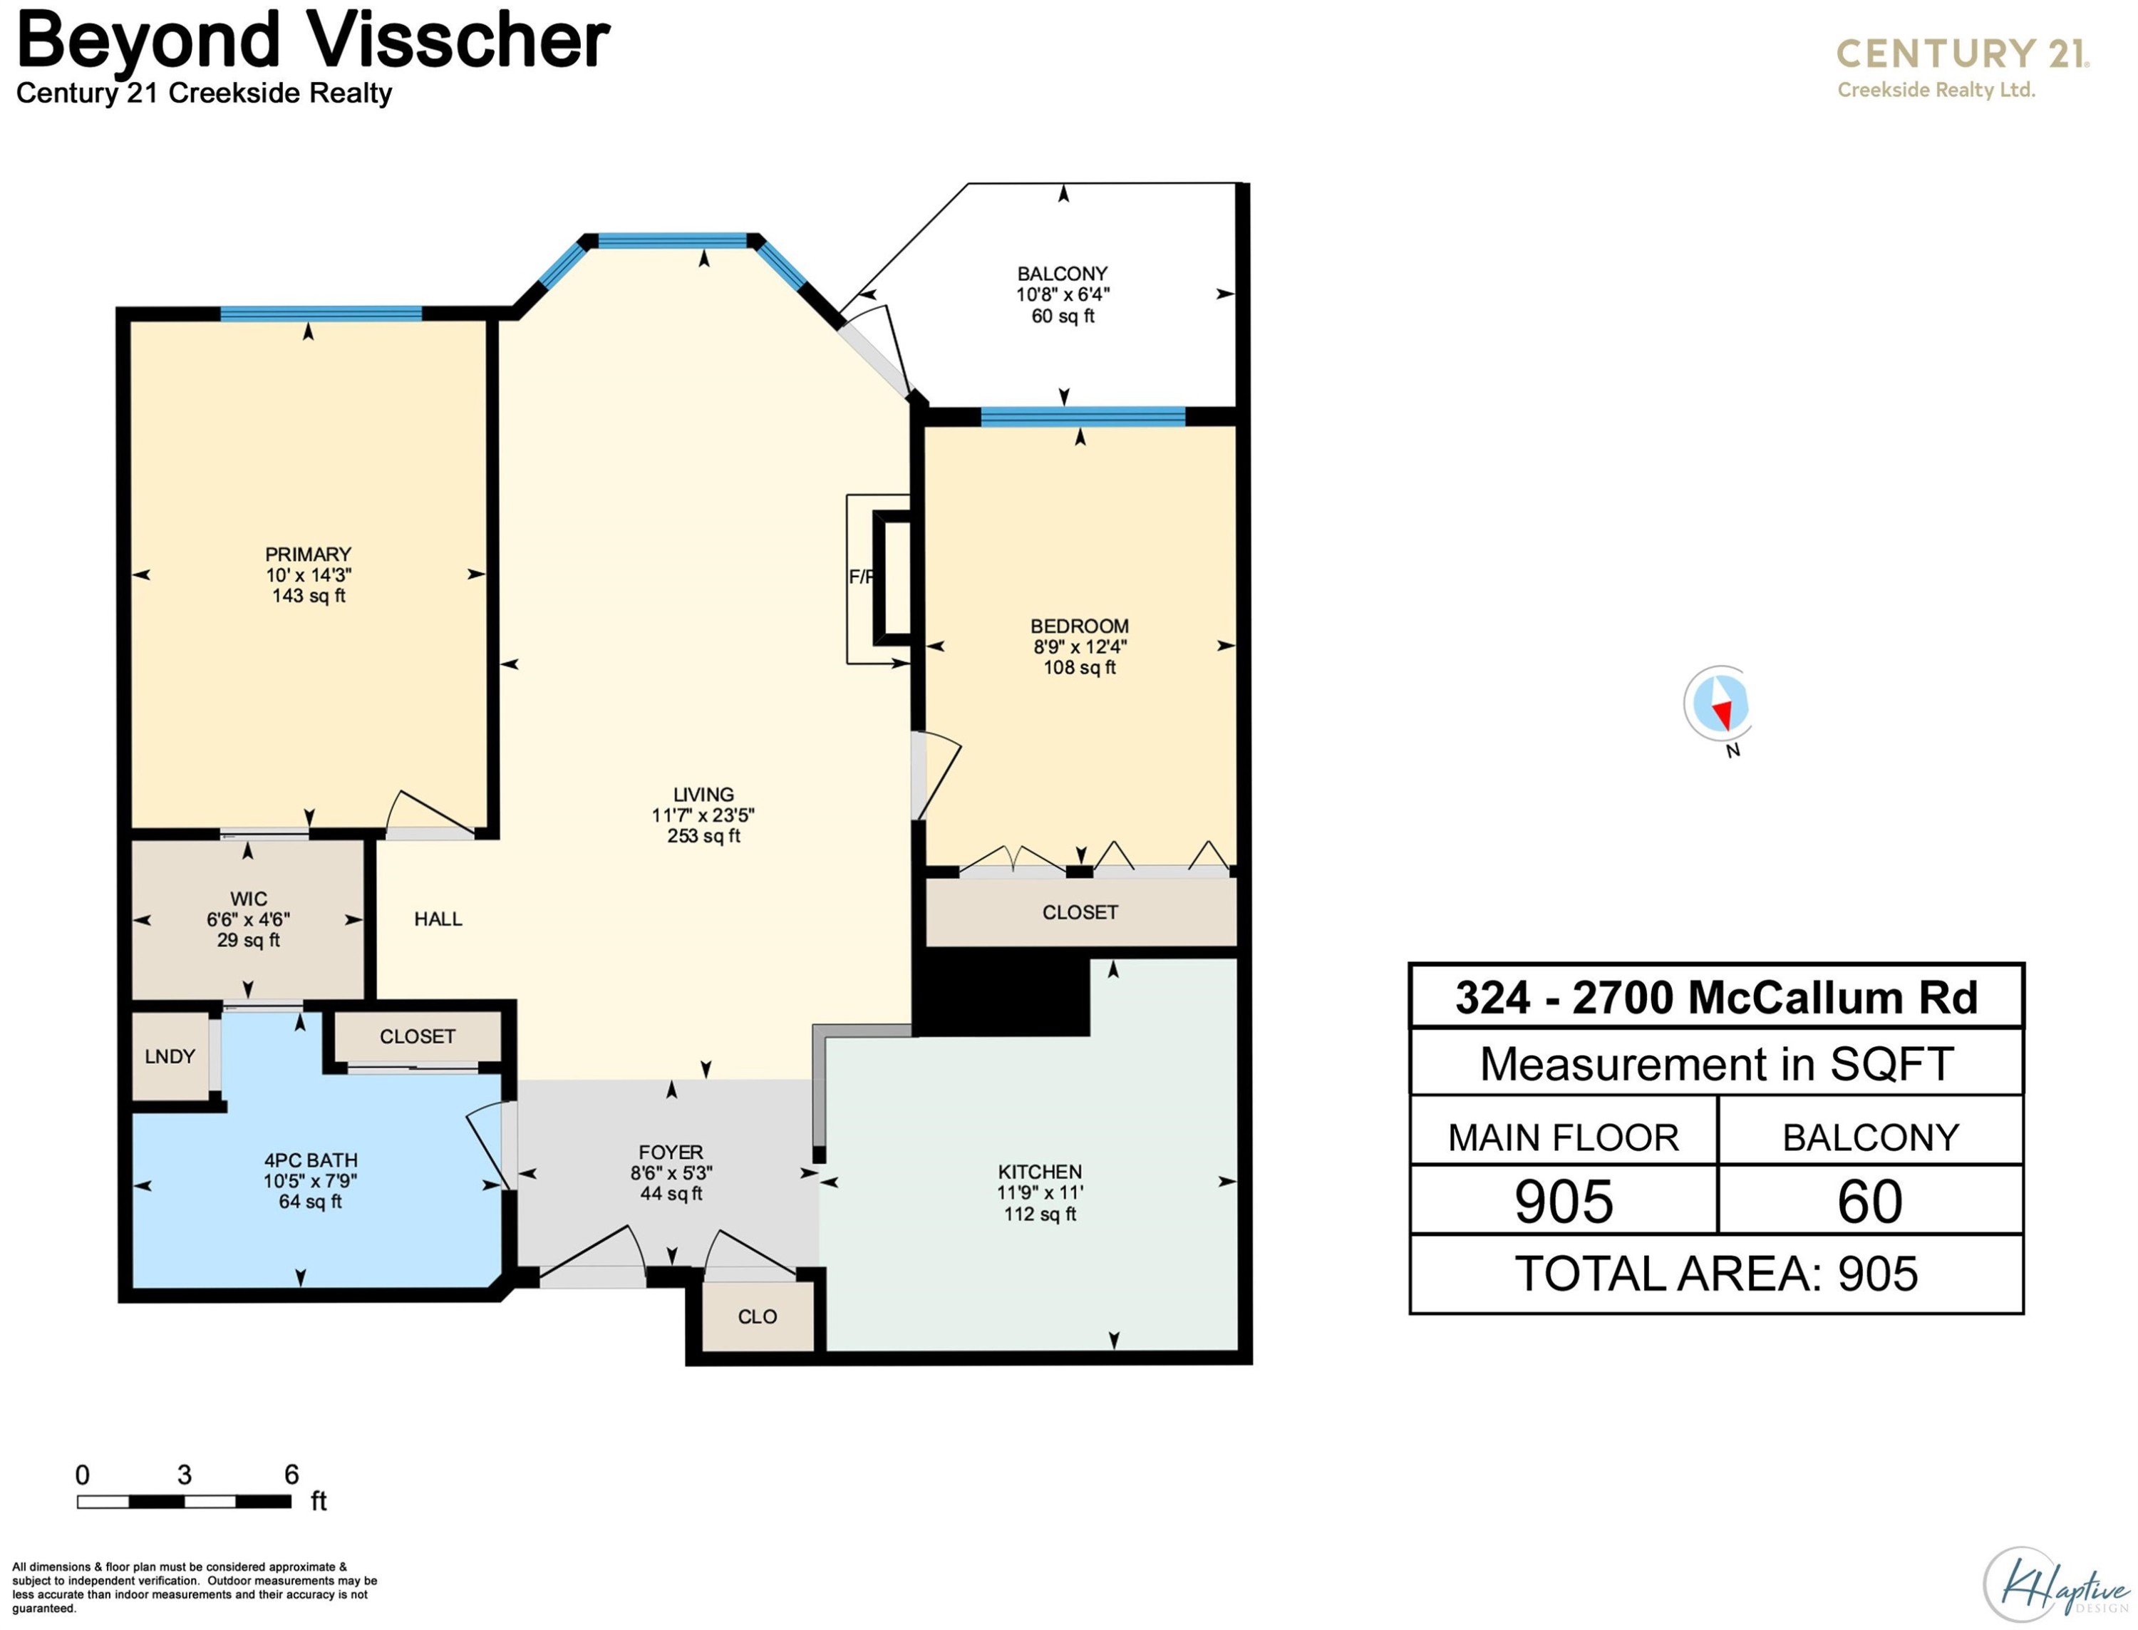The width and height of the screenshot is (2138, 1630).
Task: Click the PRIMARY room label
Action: click(309, 554)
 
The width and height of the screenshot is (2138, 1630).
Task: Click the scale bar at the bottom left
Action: click(185, 1502)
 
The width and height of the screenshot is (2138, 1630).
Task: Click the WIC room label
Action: click(248, 899)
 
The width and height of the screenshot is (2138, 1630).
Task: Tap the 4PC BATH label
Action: click(311, 1160)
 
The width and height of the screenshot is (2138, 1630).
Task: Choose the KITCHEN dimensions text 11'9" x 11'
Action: click(1040, 1193)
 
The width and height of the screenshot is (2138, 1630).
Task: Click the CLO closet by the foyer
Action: click(758, 1316)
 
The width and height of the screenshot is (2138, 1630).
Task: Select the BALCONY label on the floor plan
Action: click(1062, 274)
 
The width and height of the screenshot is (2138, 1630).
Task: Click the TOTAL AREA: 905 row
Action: click(1716, 1274)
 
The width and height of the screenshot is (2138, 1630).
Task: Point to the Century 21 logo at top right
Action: click(1963, 67)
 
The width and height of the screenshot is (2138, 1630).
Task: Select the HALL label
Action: click(438, 919)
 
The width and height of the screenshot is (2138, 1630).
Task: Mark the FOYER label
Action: click(671, 1152)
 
